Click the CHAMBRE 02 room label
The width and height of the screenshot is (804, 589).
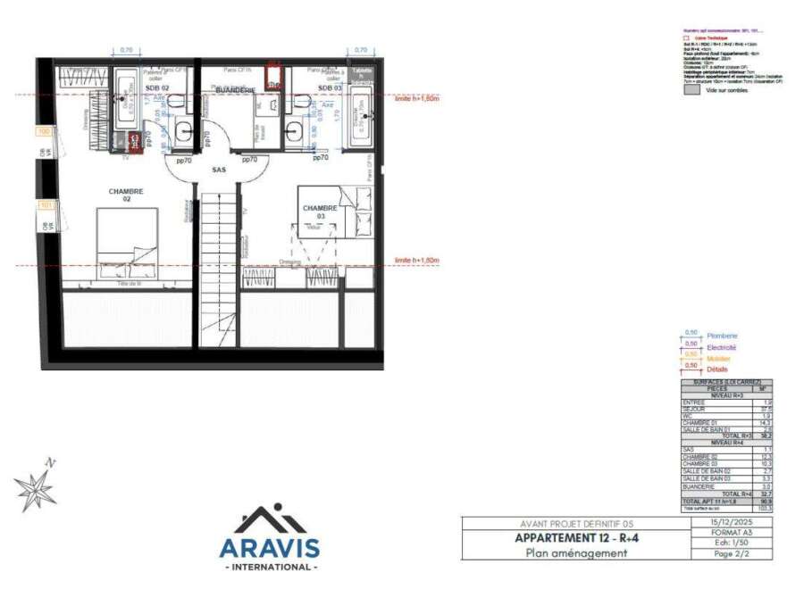(126, 195)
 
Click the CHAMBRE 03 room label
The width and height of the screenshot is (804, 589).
(320, 212)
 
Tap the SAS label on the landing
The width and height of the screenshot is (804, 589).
(218, 170)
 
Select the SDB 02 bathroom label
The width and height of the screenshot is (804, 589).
(158, 88)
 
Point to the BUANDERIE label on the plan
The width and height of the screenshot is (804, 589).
(235, 89)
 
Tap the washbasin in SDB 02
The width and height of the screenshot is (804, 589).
(184, 132)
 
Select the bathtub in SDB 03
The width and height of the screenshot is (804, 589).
(361, 116)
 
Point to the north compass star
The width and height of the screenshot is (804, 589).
(35, 488)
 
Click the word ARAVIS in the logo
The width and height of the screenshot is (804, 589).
(269, 546)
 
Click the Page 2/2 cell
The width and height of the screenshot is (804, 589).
(732, 553)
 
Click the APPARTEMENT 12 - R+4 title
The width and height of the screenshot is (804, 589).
(575, 538)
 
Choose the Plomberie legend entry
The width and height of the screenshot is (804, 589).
(722, 336)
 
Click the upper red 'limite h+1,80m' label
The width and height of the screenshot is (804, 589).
(417, 98)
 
